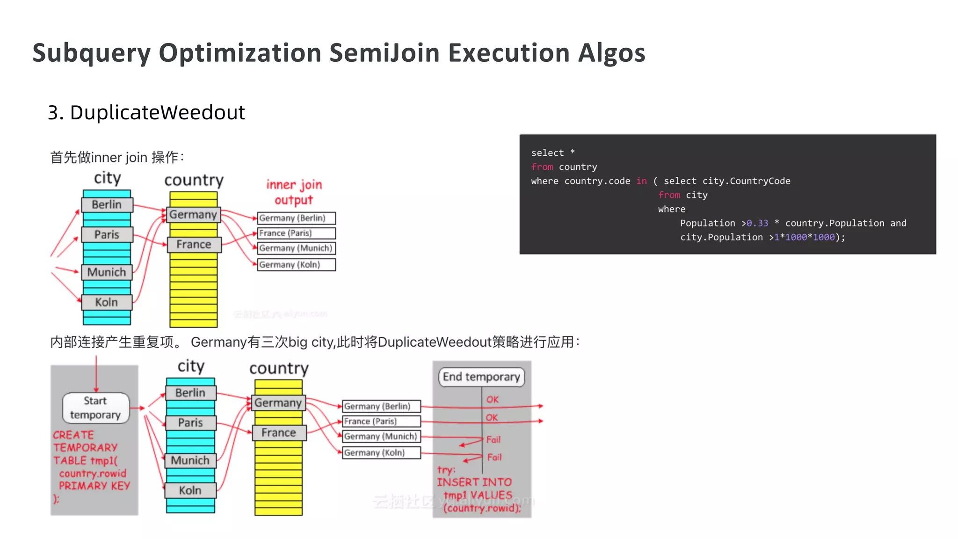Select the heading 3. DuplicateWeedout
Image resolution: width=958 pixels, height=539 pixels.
[x=146, y=112]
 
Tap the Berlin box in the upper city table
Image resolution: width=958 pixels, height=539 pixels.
[x=107, y=204]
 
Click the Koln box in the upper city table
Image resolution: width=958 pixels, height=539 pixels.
[x=107, y=302]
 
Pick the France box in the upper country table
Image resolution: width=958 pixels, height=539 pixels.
[x=194, y=244]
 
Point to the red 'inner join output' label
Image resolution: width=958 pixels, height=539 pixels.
[x=294, y=192]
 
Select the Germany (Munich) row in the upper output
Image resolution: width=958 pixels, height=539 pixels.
[x=296, y=248]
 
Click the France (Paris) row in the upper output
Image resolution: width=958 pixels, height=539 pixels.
[x=296, y=233]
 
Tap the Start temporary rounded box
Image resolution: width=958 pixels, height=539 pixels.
[x=95, y=408]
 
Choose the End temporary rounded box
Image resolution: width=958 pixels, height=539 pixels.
[x=481, y=377]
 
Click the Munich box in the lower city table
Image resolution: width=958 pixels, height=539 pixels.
[x=190, y=460]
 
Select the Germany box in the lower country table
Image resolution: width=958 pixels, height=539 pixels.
[x=278, y=403]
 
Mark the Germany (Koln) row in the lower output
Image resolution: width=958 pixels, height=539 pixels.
[x=381, y=452]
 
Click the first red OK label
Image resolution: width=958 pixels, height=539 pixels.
[x=493, y=400]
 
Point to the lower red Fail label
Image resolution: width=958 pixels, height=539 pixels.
[x=494, y=457]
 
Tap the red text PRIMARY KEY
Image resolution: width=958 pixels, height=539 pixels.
[x=94, y=486]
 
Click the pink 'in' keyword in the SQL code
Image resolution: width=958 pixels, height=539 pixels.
[x=641, y=181]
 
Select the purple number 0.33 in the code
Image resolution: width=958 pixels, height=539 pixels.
[x=757, y=223]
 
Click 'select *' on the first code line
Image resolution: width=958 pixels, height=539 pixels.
[x=553, y=153]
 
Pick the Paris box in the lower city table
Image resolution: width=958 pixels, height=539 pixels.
[x=190, y=423]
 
